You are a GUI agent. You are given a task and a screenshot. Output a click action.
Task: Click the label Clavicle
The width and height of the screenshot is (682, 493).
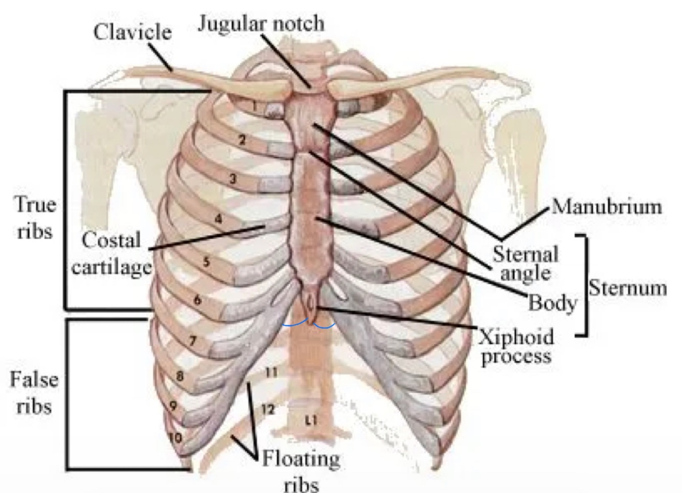coord(132,32)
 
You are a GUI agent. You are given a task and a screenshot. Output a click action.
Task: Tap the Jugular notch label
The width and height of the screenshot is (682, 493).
coord(261,23)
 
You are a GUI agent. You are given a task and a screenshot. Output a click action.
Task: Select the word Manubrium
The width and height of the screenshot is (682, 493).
coord(606,207)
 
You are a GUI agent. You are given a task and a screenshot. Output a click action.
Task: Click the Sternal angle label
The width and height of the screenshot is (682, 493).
coord(525,263)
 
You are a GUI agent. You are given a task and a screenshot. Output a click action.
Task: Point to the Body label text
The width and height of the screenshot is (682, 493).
coord(552,303)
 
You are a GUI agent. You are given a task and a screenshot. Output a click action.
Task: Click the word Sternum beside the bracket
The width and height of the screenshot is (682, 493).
coord(627,288)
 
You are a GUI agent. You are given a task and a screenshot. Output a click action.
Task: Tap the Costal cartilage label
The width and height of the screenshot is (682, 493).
coord(111,253)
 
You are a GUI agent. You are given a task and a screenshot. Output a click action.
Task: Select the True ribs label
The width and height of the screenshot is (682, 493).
coord(35,218)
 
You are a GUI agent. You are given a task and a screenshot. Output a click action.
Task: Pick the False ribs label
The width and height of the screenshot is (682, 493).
coord(34,393)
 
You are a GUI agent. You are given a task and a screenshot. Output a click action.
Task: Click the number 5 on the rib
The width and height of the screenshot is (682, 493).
coord(206,262)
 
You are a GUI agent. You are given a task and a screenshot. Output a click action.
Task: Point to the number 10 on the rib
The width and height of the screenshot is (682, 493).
coord(175,437)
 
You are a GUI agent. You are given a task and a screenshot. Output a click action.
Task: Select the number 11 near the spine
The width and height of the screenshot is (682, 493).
coord(271,372)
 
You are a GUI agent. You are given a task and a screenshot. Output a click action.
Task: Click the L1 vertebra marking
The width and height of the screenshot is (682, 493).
coord(311,420)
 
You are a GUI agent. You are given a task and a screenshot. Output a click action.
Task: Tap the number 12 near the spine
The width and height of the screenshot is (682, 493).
coord(268,409)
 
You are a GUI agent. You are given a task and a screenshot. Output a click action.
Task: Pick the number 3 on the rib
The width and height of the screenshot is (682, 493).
coord(233,179)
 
